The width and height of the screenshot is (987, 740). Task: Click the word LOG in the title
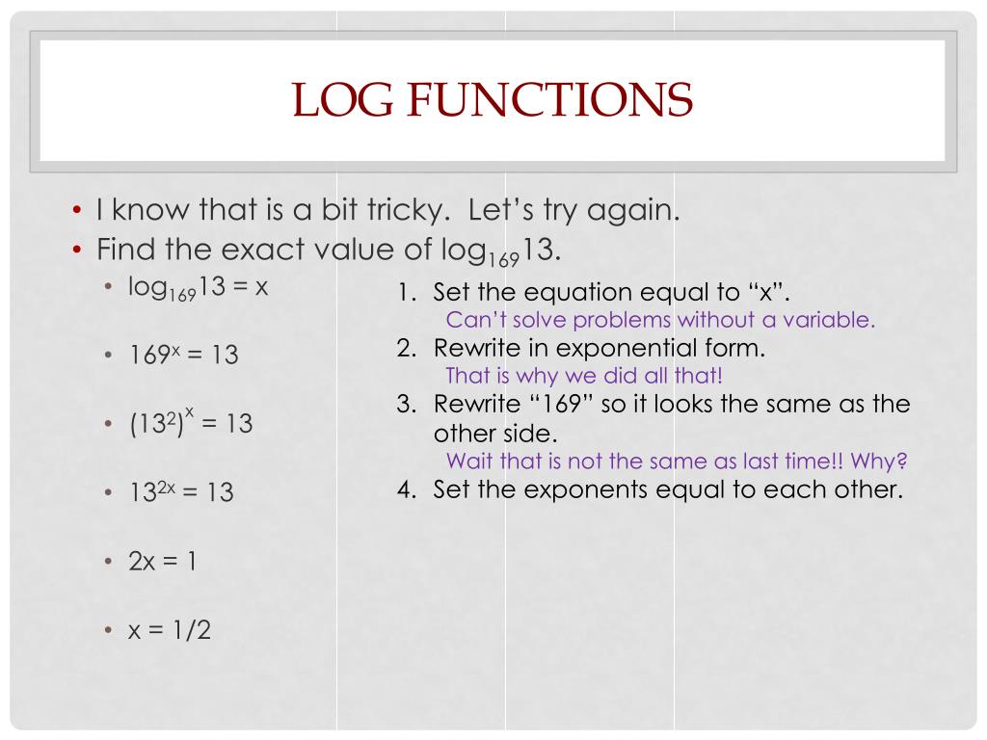(x=340, y=100)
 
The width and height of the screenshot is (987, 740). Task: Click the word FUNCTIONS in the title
(x=547, y=100)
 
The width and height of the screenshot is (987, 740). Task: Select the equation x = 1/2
(x=171, y=630)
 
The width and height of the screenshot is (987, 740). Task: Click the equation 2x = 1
(x=163, y=561)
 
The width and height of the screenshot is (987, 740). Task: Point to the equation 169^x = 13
(x=184, y=355)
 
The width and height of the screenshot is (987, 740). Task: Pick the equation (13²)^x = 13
(x=191, y=422)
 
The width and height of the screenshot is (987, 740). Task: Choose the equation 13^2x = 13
(x=182, y=491)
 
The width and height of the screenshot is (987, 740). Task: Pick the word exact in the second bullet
(x=258, y=251)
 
